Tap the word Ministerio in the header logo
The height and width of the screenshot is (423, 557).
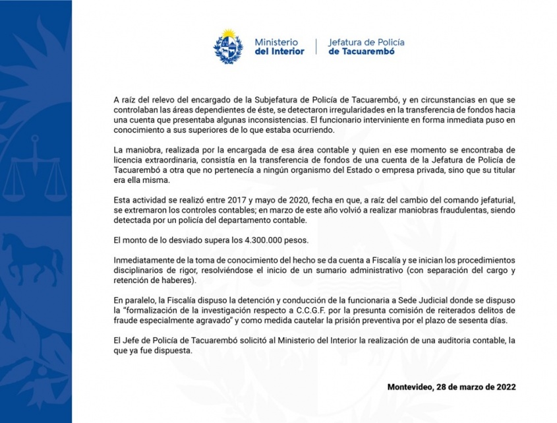point(276,42)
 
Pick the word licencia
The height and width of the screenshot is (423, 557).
point(129,160)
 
